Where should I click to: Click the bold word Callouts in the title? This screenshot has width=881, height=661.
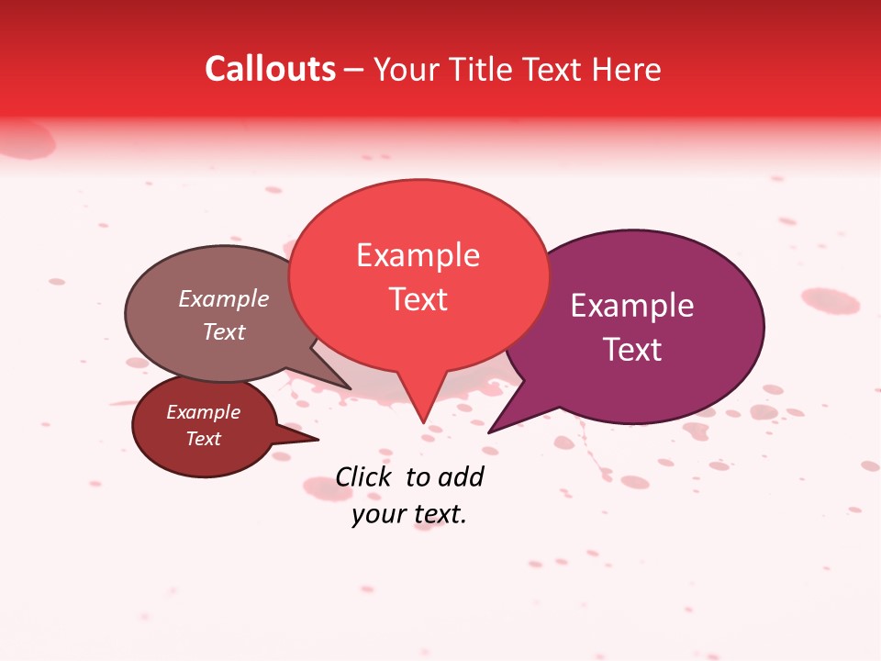click(x=270, y=69)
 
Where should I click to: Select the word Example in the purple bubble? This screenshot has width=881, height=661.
click(x=632, y=306)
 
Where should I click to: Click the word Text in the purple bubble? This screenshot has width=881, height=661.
click(x=632, y=350)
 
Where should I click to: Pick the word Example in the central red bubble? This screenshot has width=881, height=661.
click(x=418, y=255)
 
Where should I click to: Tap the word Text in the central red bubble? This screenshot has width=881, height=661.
click(x=418, y=299)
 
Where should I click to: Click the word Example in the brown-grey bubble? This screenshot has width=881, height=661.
click(x=224, y=299)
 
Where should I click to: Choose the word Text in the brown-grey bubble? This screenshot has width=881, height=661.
click(x=224, y=331)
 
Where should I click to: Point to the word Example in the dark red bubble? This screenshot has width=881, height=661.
click(x=203, y=412)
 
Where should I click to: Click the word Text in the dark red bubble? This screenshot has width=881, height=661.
click(x=203, y=439)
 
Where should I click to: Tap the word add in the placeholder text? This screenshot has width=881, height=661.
click(x=461, y=476)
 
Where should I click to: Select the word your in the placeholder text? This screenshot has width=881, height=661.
click(x=378, y=515)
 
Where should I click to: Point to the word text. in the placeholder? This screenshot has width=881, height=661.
click(x=439, y=515)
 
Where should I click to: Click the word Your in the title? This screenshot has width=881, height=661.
click(x=403, y=69)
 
